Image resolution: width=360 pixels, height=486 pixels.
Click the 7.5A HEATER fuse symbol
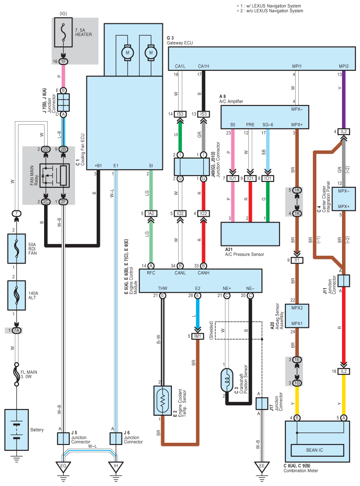[63, 32]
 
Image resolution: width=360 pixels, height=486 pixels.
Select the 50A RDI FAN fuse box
[17, 249]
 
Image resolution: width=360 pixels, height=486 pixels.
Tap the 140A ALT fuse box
[17, 295]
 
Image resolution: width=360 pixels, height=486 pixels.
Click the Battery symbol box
[17, 430]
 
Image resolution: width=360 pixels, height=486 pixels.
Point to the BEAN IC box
[317, 450]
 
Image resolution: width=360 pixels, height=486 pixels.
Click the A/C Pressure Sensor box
[250, 234]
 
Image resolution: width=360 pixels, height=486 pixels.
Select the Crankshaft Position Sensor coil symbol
[227, 380]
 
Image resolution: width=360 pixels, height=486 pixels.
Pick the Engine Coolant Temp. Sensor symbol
[162, 400]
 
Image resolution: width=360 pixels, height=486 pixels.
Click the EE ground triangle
[262, 467]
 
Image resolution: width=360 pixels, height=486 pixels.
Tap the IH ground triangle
[116, 467]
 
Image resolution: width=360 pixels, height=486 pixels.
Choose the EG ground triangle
[63, 467]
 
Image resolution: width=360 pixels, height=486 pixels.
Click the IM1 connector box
[198, 336]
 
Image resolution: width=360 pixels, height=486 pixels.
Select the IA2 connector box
[151, 213]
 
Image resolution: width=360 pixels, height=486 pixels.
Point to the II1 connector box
[297, 260]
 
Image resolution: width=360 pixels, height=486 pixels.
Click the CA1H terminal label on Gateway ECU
[203, 66]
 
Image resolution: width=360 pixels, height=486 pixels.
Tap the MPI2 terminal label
[344, 66]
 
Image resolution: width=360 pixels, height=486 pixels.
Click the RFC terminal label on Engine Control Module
[151, 273]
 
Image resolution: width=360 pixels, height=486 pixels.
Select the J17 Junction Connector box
[262, 404]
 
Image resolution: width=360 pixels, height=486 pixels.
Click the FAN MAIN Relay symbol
[54, 175]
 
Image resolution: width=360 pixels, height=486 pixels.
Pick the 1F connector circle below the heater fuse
[63, 61]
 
